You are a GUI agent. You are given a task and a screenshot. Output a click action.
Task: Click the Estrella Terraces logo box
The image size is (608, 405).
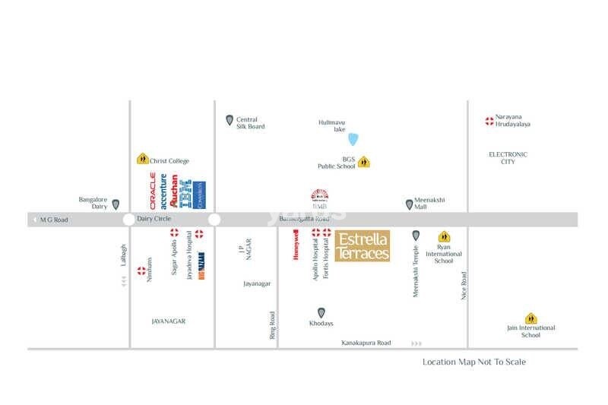point(363,246)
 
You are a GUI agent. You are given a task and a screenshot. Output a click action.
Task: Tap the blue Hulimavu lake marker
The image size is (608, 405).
point(353,138)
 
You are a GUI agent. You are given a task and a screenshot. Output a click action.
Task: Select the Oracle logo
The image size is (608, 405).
point(153,191)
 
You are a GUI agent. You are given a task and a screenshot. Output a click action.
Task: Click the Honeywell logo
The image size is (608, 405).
point(296,246)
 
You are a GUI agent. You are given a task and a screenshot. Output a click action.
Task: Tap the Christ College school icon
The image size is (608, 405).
point(142,160)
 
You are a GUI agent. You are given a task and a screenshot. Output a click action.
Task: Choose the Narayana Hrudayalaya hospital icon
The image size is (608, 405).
point(489,121)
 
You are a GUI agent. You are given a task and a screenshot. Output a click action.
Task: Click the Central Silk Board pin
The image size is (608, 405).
point(230,120)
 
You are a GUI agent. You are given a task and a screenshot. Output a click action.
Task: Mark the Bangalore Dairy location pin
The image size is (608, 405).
point(116,204)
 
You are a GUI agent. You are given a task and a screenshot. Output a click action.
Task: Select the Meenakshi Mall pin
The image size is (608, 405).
point(409,204)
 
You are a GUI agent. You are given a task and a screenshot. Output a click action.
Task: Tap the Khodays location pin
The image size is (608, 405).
point(321,312)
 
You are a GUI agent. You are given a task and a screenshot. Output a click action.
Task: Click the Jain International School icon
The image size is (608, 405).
point(530,319)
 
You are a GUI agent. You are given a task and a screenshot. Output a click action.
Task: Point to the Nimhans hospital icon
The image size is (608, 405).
point(141,271)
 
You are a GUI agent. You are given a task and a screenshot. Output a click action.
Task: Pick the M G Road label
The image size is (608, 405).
point(54,220)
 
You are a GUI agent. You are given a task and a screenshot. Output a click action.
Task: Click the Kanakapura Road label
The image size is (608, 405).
point(366,343)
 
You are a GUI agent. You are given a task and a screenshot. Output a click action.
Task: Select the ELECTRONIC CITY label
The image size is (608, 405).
point(508,158)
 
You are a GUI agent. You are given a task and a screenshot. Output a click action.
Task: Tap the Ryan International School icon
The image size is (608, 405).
point(443,236)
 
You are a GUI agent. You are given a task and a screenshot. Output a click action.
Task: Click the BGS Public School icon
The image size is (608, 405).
point(363,162)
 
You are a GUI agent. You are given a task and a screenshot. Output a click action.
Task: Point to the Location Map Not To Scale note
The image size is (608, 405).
point(473,362)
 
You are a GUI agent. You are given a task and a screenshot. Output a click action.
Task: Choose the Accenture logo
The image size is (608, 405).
point(163,191)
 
